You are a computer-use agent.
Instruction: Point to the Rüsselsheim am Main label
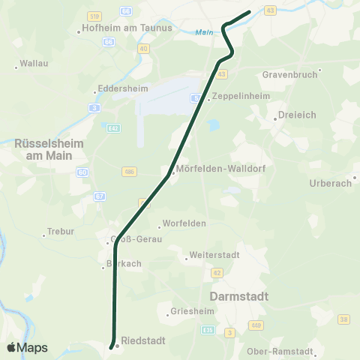coord(43,148)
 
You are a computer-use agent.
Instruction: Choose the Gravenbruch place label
coord(291,75)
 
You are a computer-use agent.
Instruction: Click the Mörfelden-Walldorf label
coord(215,169)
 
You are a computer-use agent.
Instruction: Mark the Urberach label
coord(331,183)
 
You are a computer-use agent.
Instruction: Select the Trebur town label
coord(60,232)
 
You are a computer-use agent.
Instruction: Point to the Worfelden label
coord(184,224)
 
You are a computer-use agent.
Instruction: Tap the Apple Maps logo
coord(27,347)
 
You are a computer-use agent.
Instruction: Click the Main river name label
coord(202,32)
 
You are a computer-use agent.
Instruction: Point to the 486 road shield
coord(128,172)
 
